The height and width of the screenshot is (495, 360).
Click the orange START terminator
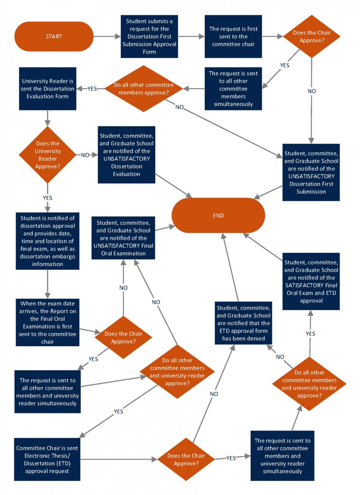[54, 36]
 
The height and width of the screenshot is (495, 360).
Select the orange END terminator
[218, 215]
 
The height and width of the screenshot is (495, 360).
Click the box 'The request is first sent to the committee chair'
[233, 36]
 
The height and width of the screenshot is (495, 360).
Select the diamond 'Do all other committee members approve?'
[144, 88]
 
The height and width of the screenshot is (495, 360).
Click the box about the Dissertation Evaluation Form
[48, 88]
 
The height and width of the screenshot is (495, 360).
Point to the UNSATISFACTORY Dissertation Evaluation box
[126, 154]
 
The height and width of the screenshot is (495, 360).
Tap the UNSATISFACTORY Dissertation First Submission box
[311, 172]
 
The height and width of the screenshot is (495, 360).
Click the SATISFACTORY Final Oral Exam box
[311, 281]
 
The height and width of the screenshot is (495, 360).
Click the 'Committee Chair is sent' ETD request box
[48, 459]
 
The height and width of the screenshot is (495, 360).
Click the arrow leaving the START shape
[107, 36]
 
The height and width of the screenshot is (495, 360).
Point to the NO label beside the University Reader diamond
[85, 155]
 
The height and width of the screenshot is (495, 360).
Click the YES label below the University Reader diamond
[48, 197]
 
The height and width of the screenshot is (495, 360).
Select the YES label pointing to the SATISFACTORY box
[310, 333]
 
